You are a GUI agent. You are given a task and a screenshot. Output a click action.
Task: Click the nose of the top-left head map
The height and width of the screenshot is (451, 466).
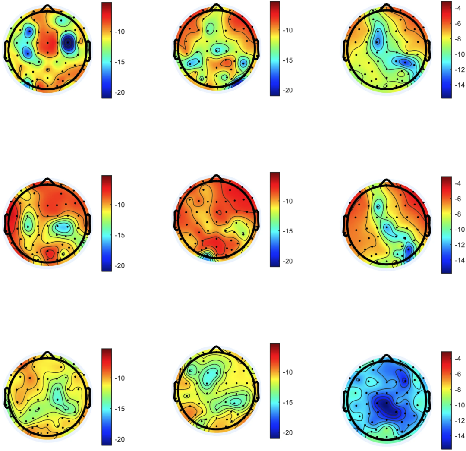pyautogui.click(x=48, y=7)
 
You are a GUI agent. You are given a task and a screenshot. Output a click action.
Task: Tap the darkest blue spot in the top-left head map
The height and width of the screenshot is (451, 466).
pyautogui.click(x=68, y=42)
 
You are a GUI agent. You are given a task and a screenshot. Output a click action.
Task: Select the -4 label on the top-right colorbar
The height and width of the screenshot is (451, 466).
pyautogui.click(x=458, y=8)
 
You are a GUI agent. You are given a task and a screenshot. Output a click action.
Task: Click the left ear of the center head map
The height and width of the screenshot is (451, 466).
pyautogui.click(x=176, y=220)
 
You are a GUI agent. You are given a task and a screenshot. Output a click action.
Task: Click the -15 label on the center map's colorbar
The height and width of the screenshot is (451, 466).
pyautogui.click(x=288, y=231)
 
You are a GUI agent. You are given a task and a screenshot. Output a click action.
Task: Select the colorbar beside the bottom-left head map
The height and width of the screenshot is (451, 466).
pyautogui.click(x=106, y=396)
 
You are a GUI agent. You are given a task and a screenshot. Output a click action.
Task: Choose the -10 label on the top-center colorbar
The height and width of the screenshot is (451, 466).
pyautogui.click(x=288, y=30)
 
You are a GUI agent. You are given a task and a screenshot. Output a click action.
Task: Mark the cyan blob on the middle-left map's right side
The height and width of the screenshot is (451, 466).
pyautogui.click(x=64, y=226)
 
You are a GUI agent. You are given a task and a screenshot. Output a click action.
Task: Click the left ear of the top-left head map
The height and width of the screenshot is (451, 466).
pyautogui.click(x=7, y=50)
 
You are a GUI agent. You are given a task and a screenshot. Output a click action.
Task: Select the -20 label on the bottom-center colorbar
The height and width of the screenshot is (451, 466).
pyautogui.click(x=288, y=433)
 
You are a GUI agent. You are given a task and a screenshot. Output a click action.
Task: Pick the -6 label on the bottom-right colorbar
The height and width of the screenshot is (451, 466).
pyautogui.click(x=458, y=374)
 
